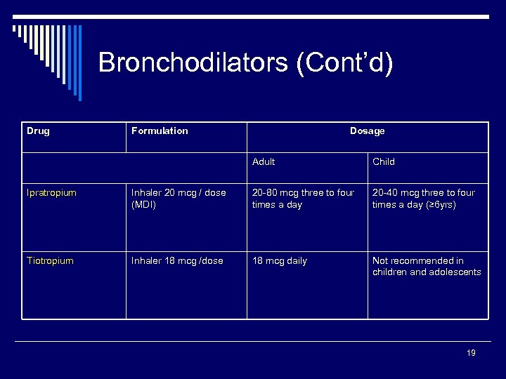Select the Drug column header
point(38,131)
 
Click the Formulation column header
point(160,131)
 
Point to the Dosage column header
point(367,131)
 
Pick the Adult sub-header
point(264,161)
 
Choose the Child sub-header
point(384,161)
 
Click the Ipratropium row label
point(51,192)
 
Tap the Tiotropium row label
point(50,260)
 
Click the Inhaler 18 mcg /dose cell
point(177,260)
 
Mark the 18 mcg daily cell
point(280,260)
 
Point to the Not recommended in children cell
point(427,266)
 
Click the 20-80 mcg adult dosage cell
point(303,198)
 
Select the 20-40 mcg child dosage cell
point(424,198)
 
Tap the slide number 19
point(471,353)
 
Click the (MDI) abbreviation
point(143,204)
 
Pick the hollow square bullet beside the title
point(16,29)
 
